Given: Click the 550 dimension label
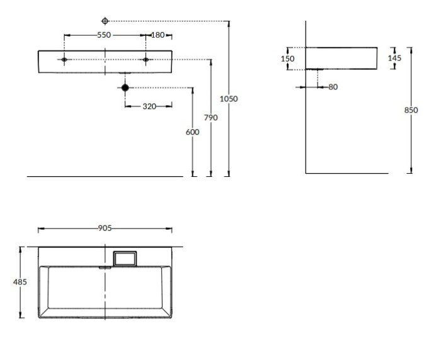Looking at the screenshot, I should (105, 35).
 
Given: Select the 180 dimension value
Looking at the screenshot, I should (157, 35).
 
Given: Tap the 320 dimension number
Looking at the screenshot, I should (149, 106).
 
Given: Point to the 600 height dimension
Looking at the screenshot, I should (193, 132).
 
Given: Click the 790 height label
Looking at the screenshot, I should (211, 117).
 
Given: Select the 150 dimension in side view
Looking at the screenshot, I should (288, 59).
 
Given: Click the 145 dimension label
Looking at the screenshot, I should (394, 58).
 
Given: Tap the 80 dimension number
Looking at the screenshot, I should (333, 87).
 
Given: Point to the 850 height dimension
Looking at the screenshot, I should (411, 110).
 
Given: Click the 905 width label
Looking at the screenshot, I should (105, 228).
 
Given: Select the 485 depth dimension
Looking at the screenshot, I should (21, 282).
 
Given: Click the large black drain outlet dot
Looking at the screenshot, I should (125, 87).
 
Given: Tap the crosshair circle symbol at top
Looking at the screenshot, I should (105, 21).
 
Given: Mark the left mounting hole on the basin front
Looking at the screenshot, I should (65, 60).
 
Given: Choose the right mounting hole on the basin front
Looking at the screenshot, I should (146, 60).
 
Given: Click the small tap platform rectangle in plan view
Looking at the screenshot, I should (124, 258).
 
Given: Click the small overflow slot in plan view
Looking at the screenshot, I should (105, 266).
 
